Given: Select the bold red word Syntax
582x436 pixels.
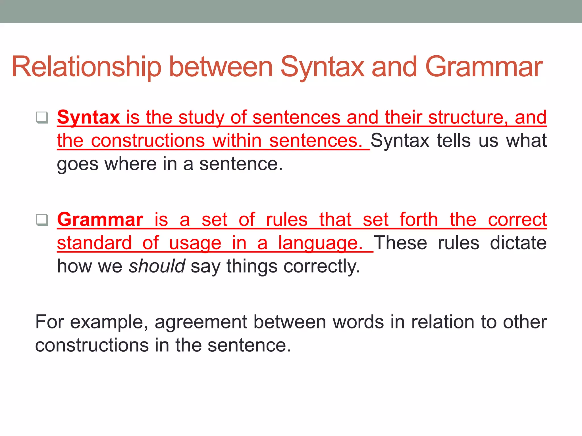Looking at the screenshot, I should click(x=88, y=117).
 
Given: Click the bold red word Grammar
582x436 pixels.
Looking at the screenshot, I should click(x=100, y=220).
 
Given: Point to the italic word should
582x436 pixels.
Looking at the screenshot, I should click(x=157, y=266).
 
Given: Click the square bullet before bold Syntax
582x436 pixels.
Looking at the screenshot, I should click(x=42, y=117).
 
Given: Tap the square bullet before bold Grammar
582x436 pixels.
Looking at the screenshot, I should click(x=42, y=220).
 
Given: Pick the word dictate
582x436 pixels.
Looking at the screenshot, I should click(x=518, y=243).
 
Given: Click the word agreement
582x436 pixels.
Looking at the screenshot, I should click(x=201, y=322).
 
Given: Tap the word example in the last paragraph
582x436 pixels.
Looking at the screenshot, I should click(x=109, y=322).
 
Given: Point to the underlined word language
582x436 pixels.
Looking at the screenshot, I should click(x=320, y=243).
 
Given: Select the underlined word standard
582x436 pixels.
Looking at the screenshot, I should click(x=94, y=243).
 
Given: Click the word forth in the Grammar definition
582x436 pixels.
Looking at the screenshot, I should click(x=419, y=220).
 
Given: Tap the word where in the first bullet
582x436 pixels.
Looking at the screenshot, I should click(x=130, y=164).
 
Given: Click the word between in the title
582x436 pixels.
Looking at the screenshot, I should click(x=221, y=67).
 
